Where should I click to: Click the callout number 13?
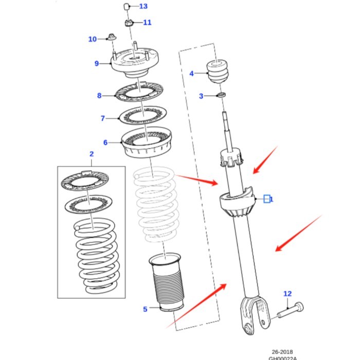[x=143, y=7]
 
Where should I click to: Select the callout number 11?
[x=147, y=23]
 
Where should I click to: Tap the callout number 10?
[x=93, y=39]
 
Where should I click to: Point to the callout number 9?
[x=96, y=64]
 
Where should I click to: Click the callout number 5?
[x=145, y=309]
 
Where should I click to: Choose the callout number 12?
[x=287, y=294]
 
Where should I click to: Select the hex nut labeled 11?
[x=130, y=23]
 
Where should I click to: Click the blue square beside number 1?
[x=267, y=199]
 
